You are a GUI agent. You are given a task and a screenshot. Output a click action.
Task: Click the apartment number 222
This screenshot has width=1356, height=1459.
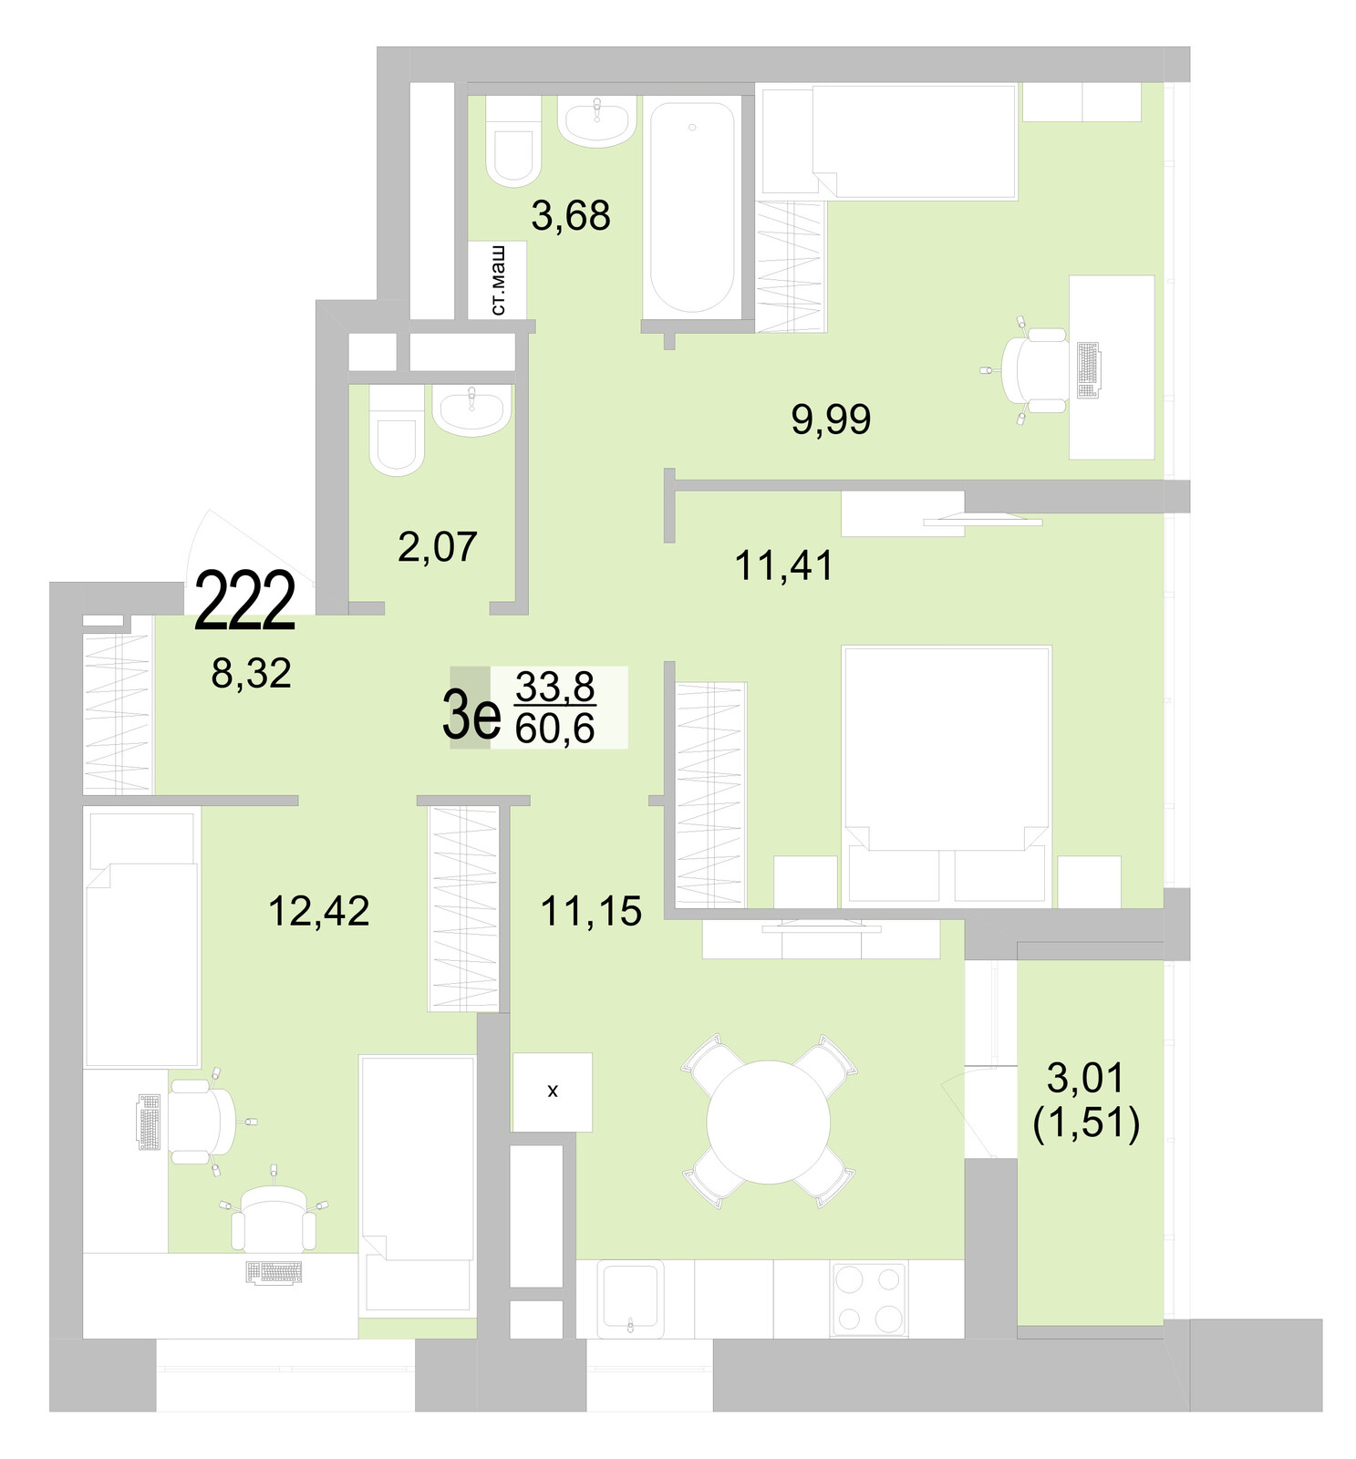click(x=244, y=600)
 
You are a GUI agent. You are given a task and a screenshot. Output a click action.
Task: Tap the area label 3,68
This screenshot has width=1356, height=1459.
click(x=570, y=216)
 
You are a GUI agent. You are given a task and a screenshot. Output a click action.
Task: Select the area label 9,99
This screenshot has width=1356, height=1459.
click(x=830, y=419)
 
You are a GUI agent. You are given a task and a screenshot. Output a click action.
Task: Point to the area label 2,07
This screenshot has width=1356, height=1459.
click(x=437, y=547)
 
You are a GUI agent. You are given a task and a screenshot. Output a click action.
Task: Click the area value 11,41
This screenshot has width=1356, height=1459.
click(x=783, y=566)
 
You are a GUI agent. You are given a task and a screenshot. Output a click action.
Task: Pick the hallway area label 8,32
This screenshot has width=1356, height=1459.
click(x=251, y=674)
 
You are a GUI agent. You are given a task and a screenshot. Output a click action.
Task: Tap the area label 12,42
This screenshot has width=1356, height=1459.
click(x=318, y=911)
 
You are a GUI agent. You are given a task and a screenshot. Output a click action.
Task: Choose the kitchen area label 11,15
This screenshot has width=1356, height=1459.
click(x=591, y=911)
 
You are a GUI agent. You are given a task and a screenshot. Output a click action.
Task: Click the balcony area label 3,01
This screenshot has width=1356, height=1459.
click(x=1085, y=1079)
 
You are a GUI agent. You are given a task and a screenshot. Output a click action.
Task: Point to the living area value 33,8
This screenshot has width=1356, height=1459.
click(x=554, y=686)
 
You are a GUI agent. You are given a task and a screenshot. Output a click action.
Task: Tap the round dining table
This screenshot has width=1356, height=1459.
click(x=768, y=1122)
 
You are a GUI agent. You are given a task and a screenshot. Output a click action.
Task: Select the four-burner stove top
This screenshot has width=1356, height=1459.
click(x=868, y=1299)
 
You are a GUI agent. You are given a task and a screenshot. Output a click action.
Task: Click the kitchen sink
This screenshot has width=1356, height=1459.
click(x=631, y=1298)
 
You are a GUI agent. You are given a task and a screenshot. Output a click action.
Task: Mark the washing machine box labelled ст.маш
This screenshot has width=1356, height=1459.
click(x=497, y=280)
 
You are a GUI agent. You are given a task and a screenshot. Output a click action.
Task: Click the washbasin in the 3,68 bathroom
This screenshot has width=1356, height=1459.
click(x=596, y=124)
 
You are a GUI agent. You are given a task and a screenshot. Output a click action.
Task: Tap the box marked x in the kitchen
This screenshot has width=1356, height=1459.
click(x=552, y=1092)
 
